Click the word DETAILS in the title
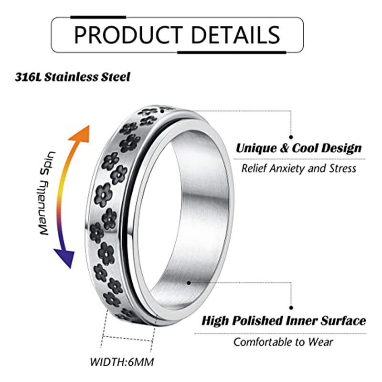point(230,35)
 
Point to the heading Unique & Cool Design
point(298,148)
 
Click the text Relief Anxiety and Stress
point(298,168)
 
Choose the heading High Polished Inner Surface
point(284,320)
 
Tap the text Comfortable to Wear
point(284,341)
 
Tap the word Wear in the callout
point(323,341)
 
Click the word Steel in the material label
point(117,77)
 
